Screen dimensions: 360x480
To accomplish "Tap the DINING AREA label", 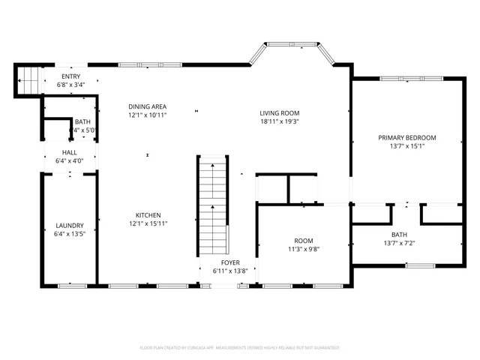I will point(147,106).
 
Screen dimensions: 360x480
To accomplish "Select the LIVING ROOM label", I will point(280,112).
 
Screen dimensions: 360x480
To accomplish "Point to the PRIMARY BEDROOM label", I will point(406,137).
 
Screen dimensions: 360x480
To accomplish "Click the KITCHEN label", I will point(147,215).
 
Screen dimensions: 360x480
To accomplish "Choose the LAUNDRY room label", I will point(69,226).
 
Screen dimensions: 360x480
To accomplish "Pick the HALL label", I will point(69,152).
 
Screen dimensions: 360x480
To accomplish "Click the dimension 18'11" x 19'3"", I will point(280,121).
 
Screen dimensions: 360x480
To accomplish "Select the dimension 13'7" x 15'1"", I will point(406,146).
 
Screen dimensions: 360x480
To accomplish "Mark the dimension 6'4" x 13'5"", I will point(69,234).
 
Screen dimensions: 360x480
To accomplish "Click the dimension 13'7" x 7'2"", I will point(399,243).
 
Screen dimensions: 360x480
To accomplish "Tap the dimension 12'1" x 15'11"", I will point(147,223).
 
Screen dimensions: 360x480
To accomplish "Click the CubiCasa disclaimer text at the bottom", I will point(240,348).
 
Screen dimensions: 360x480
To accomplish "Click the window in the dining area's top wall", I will point(150,65).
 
